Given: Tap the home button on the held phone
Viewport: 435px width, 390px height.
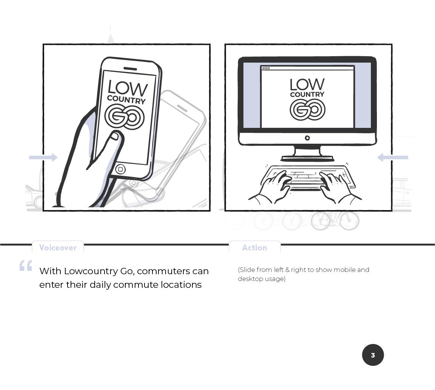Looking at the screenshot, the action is click(x=120, y=169).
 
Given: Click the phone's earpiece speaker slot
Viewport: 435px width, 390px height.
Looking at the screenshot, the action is click(x=130, y=69).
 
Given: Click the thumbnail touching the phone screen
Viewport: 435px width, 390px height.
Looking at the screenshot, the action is click(x=115, y=136).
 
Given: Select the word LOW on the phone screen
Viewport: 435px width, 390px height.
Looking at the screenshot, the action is click(x=128, y=88).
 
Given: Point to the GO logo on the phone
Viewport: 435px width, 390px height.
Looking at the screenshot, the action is click(x=125, y=117).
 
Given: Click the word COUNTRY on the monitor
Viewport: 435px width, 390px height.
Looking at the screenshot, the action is click(x=307, y=94).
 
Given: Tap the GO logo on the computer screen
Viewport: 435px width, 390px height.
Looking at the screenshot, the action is click(x=307, y=109).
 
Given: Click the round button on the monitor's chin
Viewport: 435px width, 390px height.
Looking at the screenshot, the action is click(x=307, y=138).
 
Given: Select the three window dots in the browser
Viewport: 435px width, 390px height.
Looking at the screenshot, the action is click(x=266, y=68).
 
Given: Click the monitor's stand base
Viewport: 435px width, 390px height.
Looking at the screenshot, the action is click(x=307, y=158).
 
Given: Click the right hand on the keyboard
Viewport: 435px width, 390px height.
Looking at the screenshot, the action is click(x=339, y=186).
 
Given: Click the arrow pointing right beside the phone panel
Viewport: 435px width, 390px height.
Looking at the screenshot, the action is click(x=43, y=158).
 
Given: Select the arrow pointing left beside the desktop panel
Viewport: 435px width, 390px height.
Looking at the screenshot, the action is click(x=392, y=158).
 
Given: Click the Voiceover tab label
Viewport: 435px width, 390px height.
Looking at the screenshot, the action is click(x=58, y=247).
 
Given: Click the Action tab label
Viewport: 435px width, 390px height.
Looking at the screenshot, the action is click(x=255, y=247).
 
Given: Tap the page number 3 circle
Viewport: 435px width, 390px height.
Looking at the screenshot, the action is click(x=373, y=355).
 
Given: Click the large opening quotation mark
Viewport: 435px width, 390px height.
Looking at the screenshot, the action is click(x=26, y=266).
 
